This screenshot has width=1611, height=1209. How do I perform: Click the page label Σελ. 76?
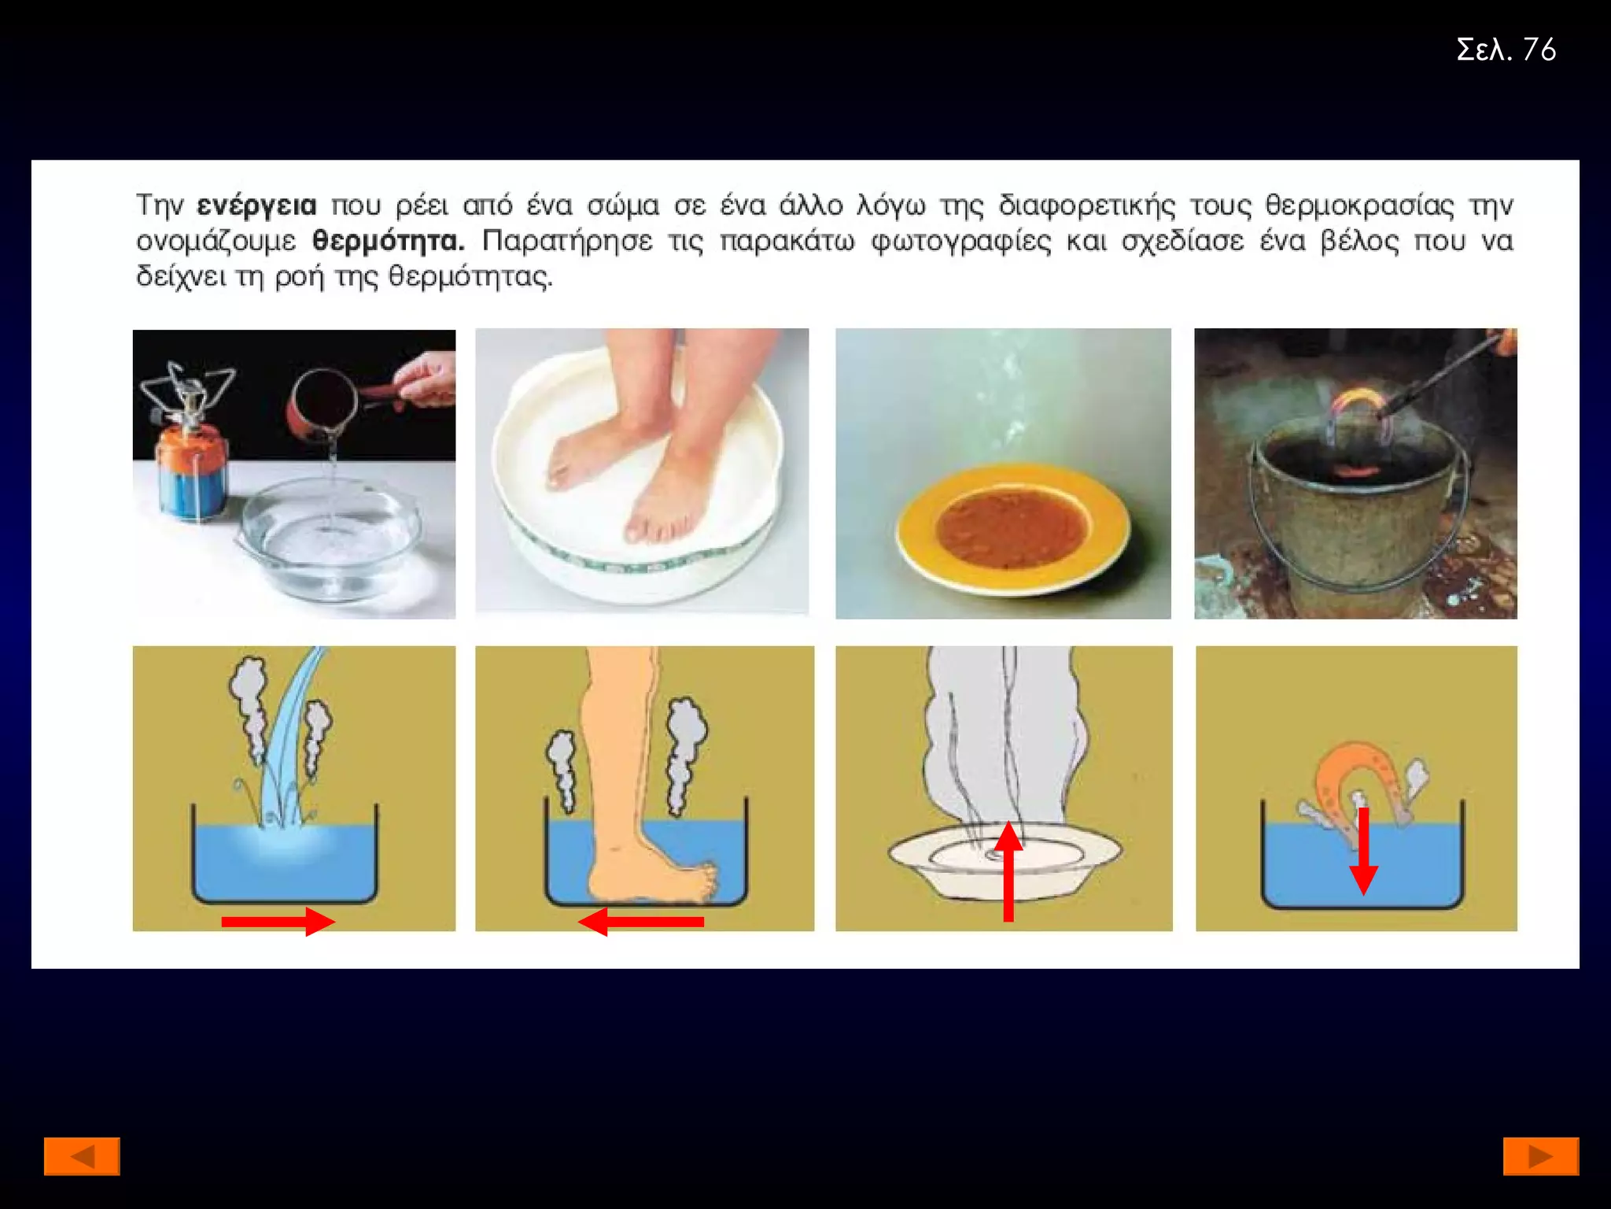(x=1506, y=50)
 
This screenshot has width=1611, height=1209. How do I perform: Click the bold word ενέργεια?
(x=256, y=206)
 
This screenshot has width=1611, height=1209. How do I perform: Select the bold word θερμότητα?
(x=388, y=240)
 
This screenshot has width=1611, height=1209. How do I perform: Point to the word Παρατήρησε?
(x=567, y=241)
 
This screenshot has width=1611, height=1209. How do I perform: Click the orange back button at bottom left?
(x=82, y=1156)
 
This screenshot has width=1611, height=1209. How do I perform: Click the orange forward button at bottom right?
(x=1541, y=1156)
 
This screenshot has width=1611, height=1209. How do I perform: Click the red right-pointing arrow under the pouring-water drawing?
(x=278, y=922)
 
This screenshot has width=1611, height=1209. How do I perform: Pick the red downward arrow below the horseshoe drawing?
(x=1364, y=852)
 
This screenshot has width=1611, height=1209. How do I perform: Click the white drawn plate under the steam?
(x=1005, y=860)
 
